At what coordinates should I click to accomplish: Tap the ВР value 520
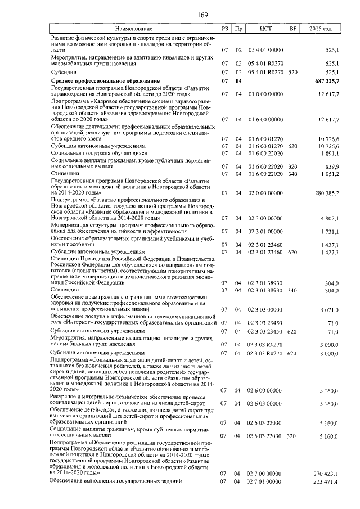292,72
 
